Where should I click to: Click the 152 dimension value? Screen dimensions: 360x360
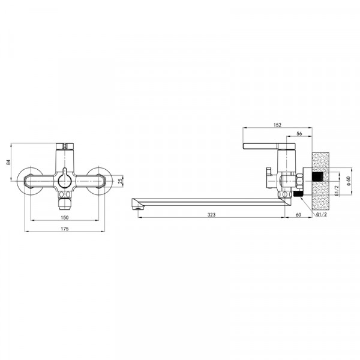click(277, 125)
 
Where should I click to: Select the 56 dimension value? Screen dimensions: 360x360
click(299, 134)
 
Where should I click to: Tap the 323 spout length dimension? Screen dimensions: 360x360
click(211, 215)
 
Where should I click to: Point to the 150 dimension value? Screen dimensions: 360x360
click(65, 217)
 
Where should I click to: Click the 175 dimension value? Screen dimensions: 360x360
click(65, 229)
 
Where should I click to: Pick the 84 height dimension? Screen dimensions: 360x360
click(8, 162)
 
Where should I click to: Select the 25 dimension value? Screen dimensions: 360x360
click(121, 181)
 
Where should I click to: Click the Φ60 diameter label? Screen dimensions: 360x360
click(349, 181)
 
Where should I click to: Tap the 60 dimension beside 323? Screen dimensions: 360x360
click(298, 215)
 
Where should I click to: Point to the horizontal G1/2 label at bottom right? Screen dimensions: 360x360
click(321, 214)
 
